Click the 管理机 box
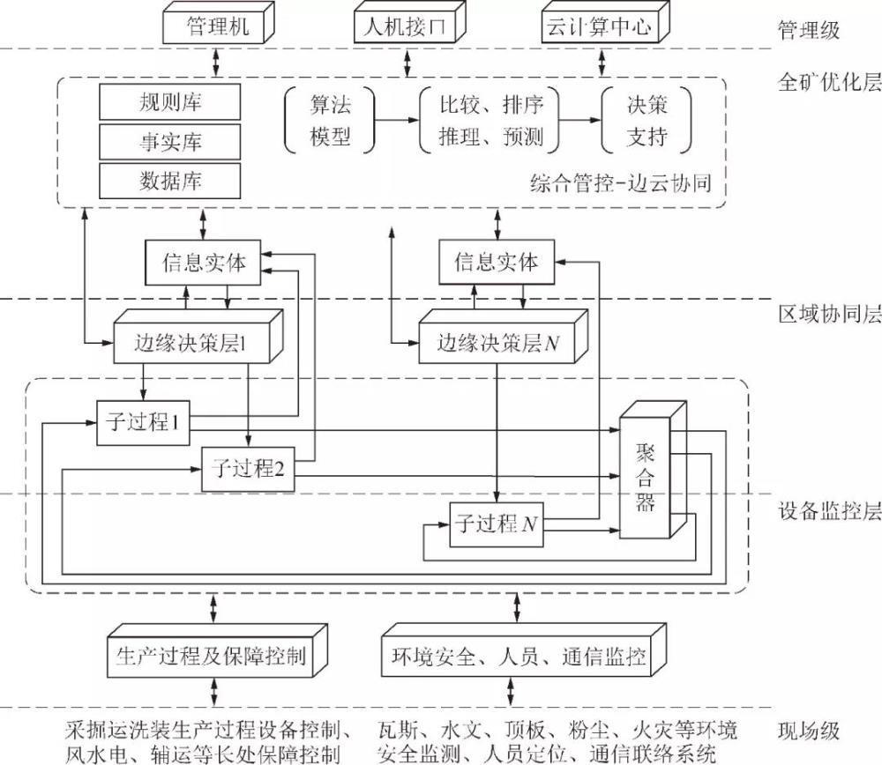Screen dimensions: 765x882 tap(215, 26)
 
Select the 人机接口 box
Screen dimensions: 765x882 tap(407, 27)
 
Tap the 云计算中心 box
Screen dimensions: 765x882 tap(599, 27)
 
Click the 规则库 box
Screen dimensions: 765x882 tap(169, 102)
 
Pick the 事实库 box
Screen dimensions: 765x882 tap(169, 142)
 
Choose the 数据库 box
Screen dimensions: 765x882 tap(169, 181)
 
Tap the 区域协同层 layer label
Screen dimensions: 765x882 tap(829, 315)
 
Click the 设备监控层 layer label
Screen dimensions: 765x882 tap(829, 510)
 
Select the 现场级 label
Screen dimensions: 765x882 tap(808, 732)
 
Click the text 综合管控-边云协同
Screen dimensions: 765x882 tap(620, 184)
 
